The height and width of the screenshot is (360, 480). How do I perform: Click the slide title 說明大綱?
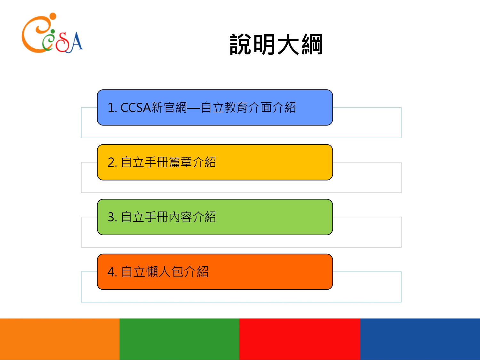pos(276,44)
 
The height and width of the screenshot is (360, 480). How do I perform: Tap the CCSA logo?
pos(52,33)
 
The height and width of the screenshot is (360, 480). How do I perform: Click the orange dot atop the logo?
pos(53,16)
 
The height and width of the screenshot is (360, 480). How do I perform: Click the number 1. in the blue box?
pos(112,108)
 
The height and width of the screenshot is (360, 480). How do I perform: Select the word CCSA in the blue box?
pos(136,108)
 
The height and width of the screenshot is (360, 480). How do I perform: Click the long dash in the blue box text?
pos(194,108)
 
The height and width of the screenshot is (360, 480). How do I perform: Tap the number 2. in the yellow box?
pos(112,163)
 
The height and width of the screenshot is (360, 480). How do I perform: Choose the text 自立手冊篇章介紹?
pos(168,163)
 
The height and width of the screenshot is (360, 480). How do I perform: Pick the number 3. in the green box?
pos(112,217)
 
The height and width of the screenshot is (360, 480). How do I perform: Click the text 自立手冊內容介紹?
pos(168,217)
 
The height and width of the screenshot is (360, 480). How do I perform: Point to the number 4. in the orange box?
pos(112,272)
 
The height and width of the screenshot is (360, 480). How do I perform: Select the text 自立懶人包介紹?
pos(165,272)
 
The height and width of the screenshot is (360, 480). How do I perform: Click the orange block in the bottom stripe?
pos(60,339)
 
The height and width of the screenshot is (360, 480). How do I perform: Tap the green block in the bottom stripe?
pos(180,339)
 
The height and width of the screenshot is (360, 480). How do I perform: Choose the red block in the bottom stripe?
pos(300,339)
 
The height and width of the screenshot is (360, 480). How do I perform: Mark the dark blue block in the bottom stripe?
pos(420,339)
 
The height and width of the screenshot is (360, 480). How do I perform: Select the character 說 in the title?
pos(240,44)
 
